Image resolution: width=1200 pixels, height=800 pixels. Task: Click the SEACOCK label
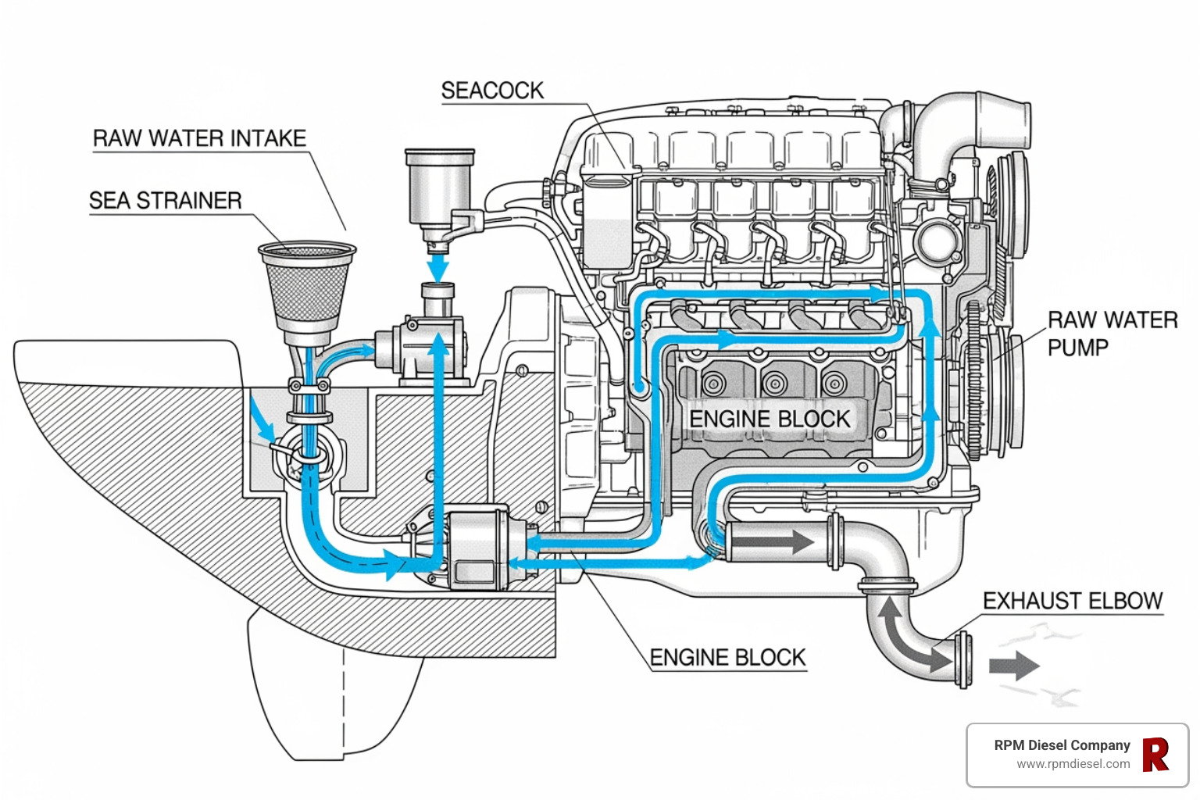(492, 91)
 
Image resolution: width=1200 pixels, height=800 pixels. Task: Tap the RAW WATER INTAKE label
(199, 138)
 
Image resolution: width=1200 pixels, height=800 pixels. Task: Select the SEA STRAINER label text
(165, 201)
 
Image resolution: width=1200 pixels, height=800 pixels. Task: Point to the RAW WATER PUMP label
(1112, 334)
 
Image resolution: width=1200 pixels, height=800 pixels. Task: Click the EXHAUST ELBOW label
(1073, 601)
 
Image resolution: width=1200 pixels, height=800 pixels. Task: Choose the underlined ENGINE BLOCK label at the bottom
(727, 658)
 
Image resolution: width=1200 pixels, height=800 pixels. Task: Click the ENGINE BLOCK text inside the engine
(769, 419)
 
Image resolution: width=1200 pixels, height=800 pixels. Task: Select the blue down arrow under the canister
(439, 267)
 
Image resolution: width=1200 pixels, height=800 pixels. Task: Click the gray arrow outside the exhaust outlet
(1014, 666)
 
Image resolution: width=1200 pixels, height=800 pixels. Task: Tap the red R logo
(1155, 755)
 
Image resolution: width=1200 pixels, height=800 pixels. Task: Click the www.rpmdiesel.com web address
(1073, 764)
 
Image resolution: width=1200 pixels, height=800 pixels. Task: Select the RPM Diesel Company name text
(1062, 745)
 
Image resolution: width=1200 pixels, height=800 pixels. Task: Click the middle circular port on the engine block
(774, 384)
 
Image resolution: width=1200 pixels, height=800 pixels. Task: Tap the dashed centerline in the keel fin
(343, 703)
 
